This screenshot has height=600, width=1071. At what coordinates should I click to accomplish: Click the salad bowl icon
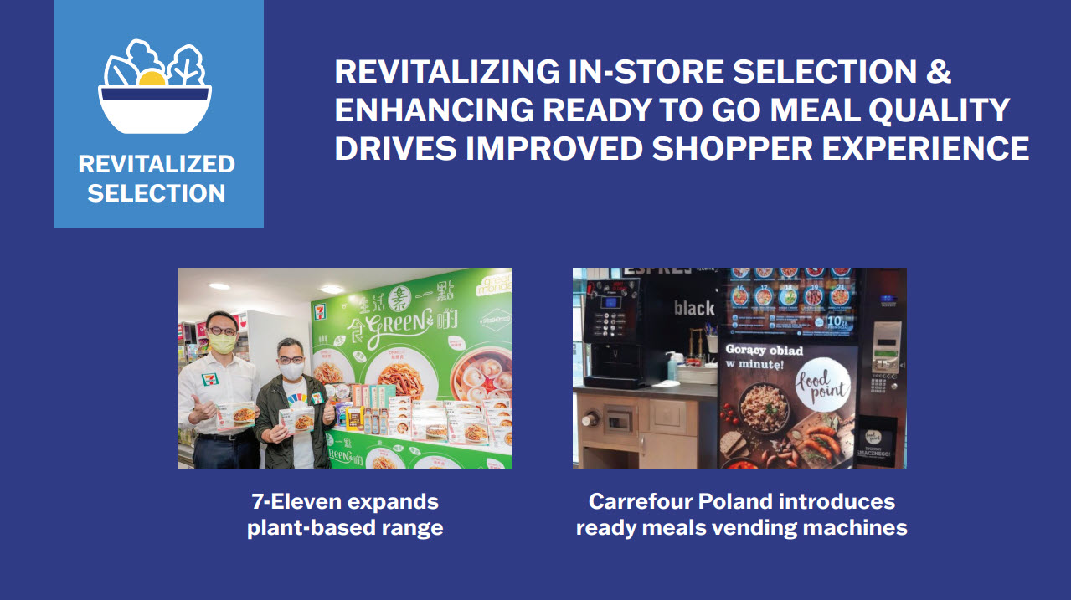[x=156, y=87]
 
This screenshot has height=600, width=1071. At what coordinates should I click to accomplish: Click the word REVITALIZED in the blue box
[x=157, y=164]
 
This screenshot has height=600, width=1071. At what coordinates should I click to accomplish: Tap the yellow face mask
[x=222, y=342]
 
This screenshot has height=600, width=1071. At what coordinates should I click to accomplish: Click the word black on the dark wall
[x=694, y=309]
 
